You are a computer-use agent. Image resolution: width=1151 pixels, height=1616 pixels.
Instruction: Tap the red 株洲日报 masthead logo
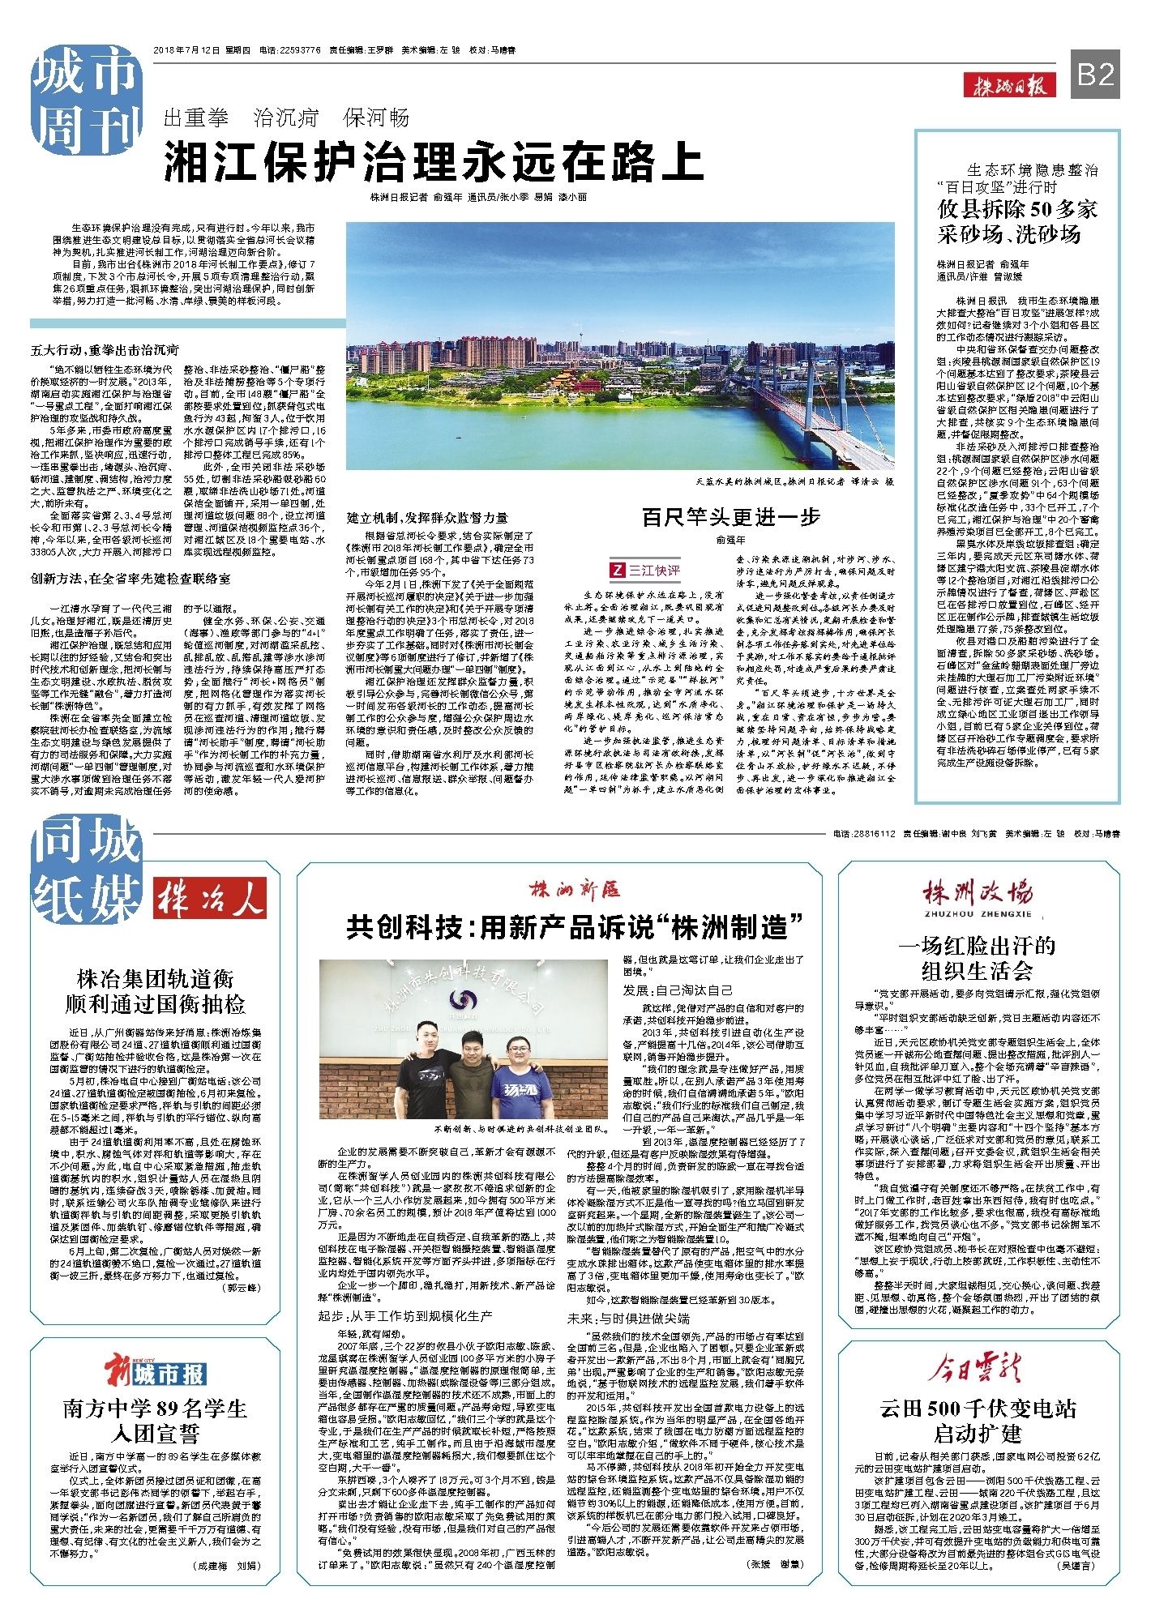coord(1010,84)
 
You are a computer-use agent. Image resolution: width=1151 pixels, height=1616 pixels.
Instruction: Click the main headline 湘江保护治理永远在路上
coord(434,161)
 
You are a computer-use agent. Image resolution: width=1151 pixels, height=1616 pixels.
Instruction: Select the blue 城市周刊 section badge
coord(85,100)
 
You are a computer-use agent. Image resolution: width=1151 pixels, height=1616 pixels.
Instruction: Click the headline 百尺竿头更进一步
coord(730,517)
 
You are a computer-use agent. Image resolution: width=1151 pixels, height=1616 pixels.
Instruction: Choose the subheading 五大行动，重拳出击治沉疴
coord(105,350)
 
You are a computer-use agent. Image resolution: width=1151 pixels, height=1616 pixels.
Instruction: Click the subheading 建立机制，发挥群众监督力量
coord(427,517)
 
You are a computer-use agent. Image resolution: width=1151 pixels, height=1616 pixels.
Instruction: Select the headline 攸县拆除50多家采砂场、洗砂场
coord(1017,221)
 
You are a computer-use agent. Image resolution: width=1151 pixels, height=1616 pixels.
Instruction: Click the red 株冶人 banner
coord(210,898)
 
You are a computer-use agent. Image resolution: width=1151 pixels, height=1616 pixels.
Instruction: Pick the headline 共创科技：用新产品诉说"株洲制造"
coord(574,926)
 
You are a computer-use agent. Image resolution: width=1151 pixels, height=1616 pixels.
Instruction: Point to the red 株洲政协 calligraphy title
coord(978,892)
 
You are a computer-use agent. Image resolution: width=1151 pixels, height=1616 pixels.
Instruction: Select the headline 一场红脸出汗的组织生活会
coord(978,958)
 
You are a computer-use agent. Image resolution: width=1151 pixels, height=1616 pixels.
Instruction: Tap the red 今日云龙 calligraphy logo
coord(978,1369)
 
